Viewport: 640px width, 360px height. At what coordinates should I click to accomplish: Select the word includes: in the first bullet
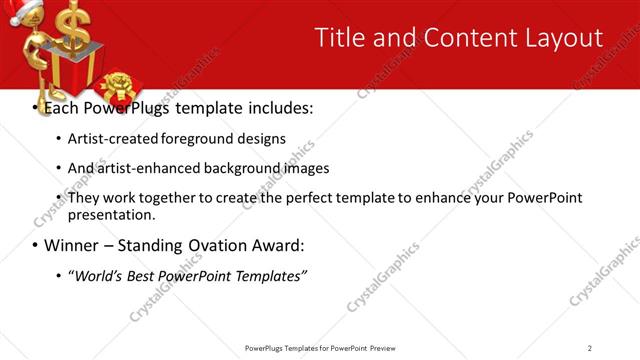pos(271,107)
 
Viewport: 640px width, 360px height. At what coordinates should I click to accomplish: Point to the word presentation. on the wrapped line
pos(111,214)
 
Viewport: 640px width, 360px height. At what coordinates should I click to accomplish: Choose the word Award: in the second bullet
pos(277,245)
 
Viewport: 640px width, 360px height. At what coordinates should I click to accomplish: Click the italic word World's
pos(96,275)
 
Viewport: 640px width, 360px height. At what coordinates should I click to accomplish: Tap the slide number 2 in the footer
pos(590,348)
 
